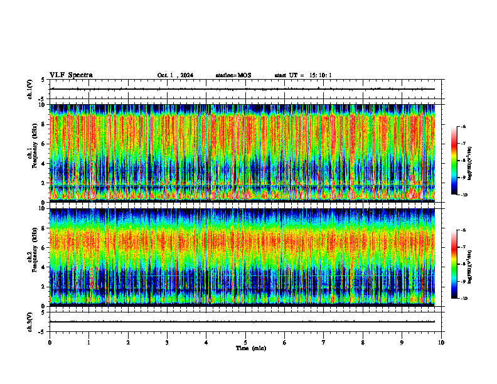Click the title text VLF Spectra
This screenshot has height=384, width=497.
click(71, 75)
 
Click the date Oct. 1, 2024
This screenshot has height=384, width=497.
click(175, 75)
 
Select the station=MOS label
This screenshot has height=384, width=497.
click(233, 75)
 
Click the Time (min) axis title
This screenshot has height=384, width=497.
click(250, 348)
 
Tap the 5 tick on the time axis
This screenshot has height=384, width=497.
click(245, 343)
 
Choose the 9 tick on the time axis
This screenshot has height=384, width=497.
click(402, 343)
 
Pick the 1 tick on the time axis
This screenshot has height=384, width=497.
click(88, 343)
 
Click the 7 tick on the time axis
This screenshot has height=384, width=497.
click(324, 343)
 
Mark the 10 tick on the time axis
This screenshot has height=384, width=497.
click(441, 343)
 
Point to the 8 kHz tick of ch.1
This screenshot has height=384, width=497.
click(45, 124)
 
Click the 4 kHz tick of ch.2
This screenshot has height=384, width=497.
click(45, 267)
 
